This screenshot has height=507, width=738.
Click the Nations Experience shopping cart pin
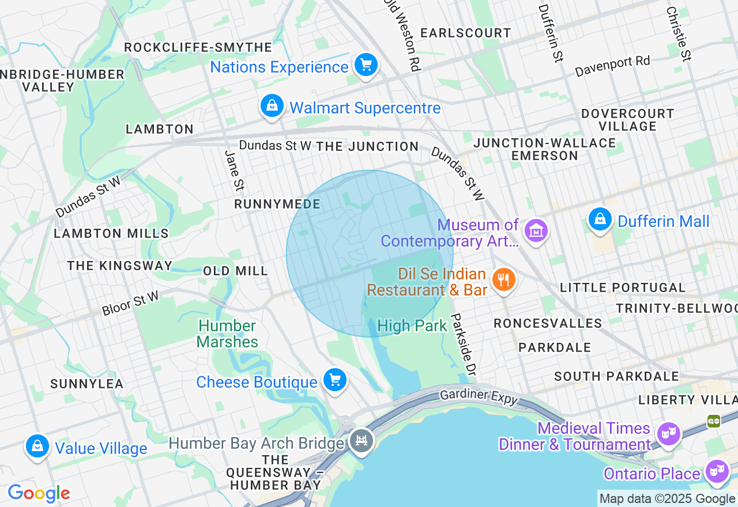pos(366,65)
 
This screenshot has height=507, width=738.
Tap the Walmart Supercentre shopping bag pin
pos(272,106)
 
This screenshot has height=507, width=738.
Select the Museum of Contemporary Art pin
pos(536,231)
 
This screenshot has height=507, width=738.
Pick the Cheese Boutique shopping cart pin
pos(335,380)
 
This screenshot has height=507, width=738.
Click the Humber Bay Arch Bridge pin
pos(362,441)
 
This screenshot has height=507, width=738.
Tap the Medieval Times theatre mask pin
pos(668,432)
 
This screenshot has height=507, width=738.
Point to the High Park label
pos(412,326)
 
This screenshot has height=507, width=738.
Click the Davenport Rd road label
pos(612,66)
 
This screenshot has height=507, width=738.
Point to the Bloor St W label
pos(130,304)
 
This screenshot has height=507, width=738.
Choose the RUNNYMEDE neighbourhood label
pos(277,205)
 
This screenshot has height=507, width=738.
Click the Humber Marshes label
pos(227,334)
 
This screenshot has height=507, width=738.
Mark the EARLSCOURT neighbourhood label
pos(465,33)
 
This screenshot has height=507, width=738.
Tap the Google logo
pos(39,494)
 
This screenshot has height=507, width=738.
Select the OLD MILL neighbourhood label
pos(235,271)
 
